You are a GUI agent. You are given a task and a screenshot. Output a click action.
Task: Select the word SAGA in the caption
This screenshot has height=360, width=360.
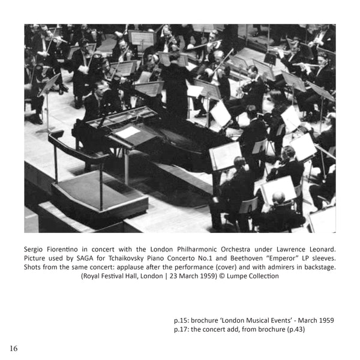pyautogui.click(x=84, y=258)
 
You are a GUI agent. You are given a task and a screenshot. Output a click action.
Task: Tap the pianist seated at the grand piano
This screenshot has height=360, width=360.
pyautogui.click(x=97, y=102)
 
